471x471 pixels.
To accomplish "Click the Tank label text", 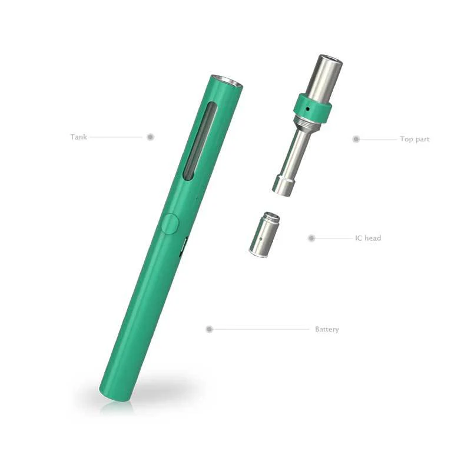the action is pos(78,137).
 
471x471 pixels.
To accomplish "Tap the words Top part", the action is pos(414,139).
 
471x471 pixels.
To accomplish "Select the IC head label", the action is pos(368,238).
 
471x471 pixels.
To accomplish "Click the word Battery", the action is pos(327,329).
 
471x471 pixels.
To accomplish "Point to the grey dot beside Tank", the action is pos(151,137).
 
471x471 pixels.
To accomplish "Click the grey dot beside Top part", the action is pos(356,139).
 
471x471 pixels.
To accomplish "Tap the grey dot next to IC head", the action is pos(311,238).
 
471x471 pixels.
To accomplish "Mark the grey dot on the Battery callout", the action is pos(210,329).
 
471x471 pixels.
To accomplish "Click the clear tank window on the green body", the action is pos(200,141).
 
